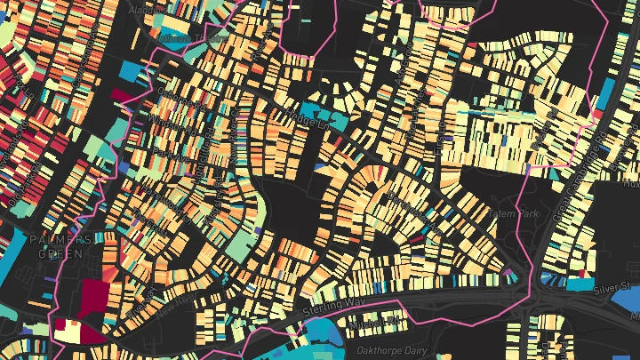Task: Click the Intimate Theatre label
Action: click(x=191, y=39)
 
